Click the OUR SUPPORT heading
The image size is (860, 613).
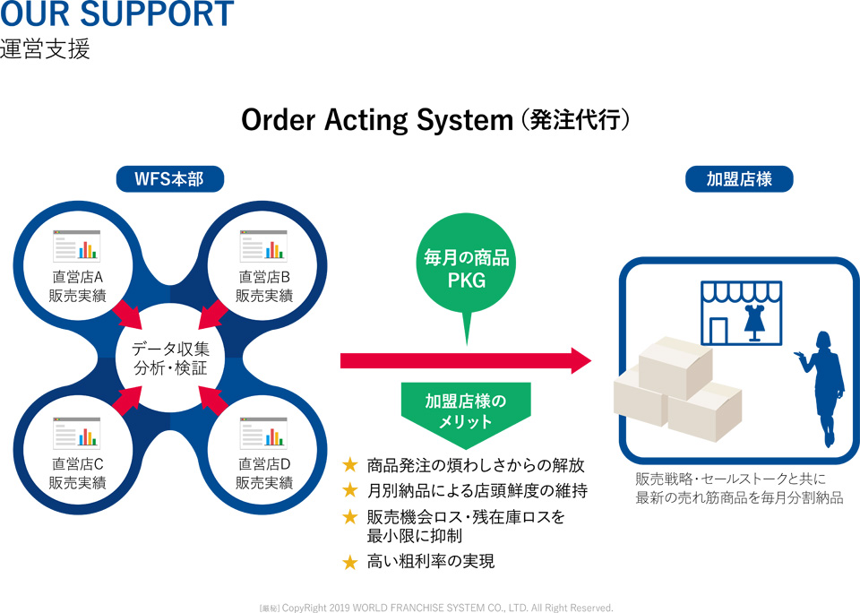116,13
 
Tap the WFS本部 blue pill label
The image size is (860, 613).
170,179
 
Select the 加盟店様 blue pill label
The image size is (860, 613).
739,179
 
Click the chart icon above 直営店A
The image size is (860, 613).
77,246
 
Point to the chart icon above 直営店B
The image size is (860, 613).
263,246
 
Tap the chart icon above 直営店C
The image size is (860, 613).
77,433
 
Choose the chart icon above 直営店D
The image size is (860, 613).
263,433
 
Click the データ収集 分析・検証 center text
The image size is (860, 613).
170,358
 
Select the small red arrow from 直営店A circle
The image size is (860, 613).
126,315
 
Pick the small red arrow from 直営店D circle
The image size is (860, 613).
213,401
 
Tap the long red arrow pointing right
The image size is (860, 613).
466,360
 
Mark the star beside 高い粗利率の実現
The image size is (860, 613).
350,562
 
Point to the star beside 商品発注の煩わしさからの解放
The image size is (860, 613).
350,465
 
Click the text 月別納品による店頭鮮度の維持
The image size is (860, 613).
477,490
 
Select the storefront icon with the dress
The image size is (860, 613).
742,313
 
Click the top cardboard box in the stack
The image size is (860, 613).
675,367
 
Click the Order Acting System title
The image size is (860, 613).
435,119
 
